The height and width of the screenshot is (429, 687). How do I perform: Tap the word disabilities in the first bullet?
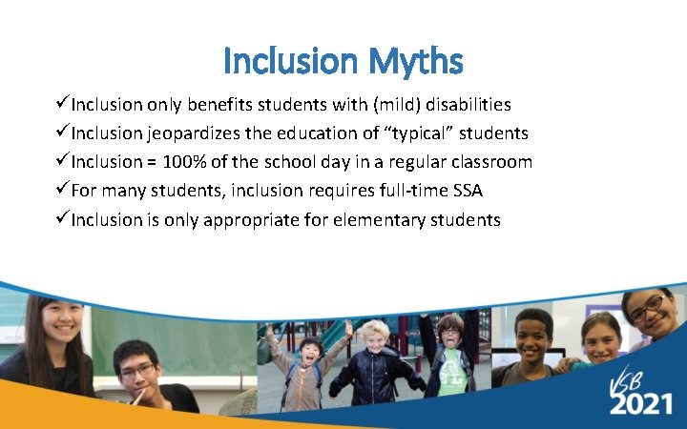tap(463, 104)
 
